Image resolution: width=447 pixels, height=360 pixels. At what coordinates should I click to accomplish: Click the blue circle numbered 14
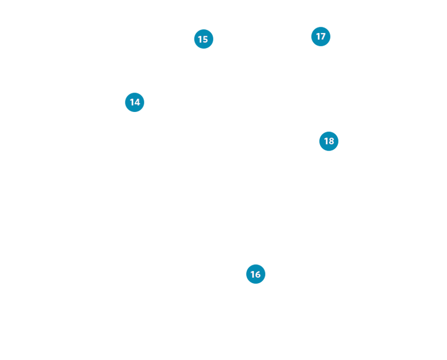134,102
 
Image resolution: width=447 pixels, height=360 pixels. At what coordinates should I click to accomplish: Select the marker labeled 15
203,39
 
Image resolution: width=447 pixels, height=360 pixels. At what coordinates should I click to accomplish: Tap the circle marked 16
256,274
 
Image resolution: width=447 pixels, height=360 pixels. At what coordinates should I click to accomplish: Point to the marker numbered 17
320,37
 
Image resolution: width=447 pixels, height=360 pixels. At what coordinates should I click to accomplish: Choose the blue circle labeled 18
329,141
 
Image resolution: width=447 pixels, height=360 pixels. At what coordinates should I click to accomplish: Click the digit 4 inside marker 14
137,102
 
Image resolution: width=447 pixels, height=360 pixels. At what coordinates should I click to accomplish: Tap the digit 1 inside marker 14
131,102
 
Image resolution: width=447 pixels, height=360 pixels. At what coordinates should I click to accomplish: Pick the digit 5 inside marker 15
205,39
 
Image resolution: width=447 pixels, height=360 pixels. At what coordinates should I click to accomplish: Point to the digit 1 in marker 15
200,39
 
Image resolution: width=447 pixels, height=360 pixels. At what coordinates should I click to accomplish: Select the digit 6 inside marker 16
257,274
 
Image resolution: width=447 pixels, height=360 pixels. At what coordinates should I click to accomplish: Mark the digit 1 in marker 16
252,274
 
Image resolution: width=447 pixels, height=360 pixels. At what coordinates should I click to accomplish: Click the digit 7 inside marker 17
323,37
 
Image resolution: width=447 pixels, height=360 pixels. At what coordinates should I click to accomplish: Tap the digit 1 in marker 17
318,37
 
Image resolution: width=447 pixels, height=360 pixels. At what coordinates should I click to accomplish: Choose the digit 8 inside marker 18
331,141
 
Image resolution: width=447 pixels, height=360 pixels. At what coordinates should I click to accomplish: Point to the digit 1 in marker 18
326,141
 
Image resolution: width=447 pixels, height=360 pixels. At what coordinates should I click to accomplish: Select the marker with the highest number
329,141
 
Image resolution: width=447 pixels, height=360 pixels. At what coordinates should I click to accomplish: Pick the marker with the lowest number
134,102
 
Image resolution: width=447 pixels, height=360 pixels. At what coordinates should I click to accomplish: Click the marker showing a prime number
320,37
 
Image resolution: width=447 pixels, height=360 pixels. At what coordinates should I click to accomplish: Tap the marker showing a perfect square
256,274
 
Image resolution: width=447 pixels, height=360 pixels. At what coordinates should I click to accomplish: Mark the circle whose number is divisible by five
203,39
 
